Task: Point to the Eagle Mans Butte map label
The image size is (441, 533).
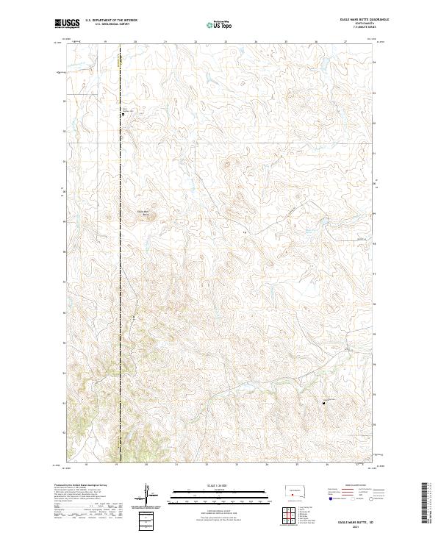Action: click(145, 213)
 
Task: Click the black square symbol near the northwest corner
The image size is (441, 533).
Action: click(123, 114)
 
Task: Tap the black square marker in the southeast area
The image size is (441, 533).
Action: click(324, 402)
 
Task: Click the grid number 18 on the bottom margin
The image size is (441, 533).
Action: click(86, 465)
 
